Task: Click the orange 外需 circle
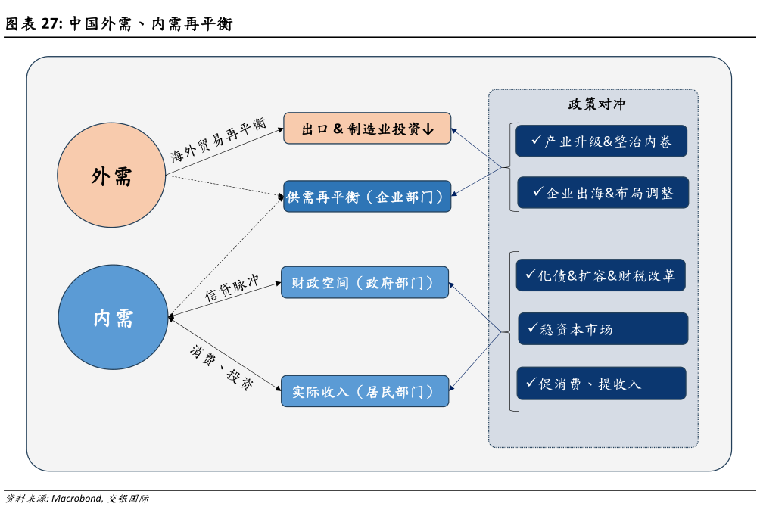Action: pos(111,176)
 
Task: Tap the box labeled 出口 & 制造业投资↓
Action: pos(367,129)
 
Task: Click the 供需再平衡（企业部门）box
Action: pos(367,197)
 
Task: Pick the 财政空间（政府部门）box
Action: pos(365,283)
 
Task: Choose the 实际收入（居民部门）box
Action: pos(365,392)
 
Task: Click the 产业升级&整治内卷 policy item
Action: pos(601,141)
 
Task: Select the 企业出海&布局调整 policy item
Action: pos(603,192)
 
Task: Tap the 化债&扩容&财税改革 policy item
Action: pos(601,275)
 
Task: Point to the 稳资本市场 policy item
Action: pos(603,329)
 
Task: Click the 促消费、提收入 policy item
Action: pos(601,384)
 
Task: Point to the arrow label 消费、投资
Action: pos(221,368)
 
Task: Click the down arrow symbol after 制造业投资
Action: pos(428,129)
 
